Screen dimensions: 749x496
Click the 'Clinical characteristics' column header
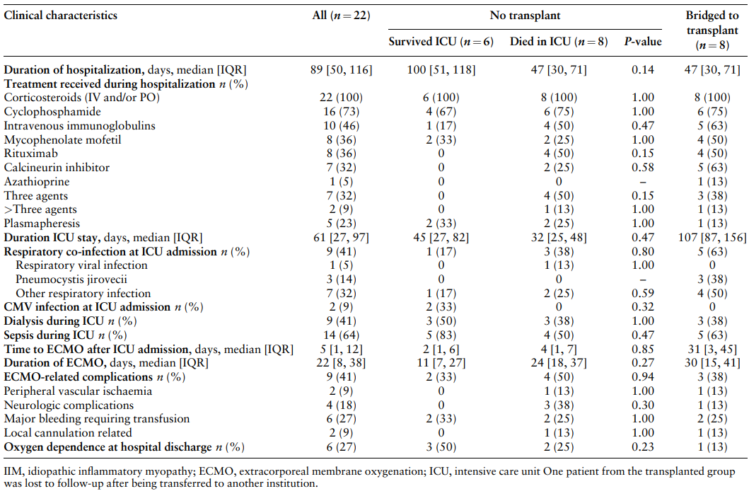(61, 16)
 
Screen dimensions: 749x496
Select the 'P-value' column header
(642, 42)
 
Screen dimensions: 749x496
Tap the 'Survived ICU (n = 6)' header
(441, 42)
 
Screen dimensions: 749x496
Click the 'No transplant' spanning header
(525, 16)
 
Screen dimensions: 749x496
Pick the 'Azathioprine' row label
(37, 182)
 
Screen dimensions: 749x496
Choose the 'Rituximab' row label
(31, 154)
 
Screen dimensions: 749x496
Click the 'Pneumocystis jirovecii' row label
(71, 279)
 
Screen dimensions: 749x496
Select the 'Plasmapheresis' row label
(42, 223)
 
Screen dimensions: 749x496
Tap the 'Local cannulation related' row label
(68, 433)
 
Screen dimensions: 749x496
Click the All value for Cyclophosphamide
(341, 111)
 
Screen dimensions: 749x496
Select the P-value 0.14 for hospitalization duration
(642, 70)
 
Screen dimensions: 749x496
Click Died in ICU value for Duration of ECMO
(559, 363)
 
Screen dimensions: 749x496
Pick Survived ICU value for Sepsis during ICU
(441, 335)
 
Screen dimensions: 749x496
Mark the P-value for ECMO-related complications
(642, 377)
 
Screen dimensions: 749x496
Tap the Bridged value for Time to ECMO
(712, 350)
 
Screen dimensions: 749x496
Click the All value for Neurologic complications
(341, 405)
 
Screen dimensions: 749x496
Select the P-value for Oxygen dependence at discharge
(642, 446)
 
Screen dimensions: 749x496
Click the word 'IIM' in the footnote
(13, 472)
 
